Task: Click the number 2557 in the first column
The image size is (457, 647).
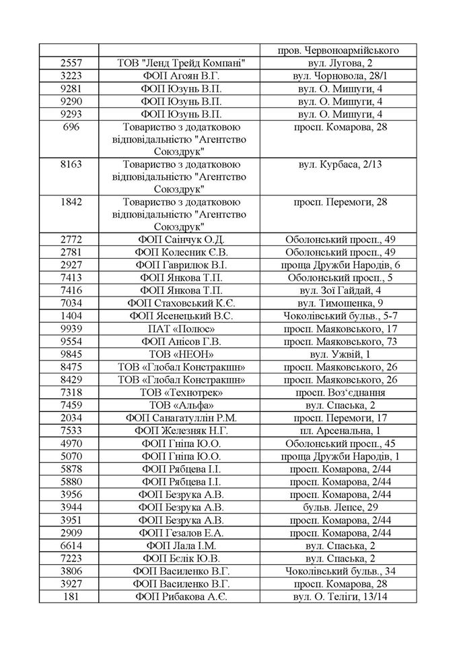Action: [x=71, y=63]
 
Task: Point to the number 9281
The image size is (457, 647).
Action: [x=71, y=88]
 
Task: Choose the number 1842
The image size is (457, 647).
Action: [x=71, y=202]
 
